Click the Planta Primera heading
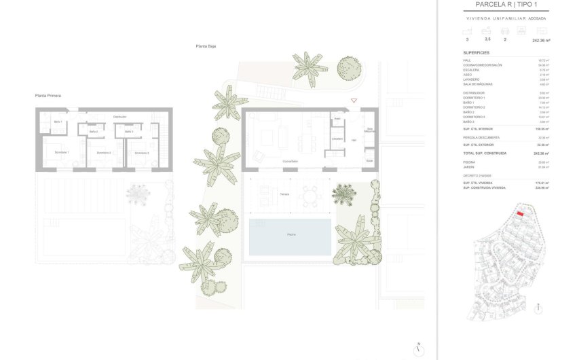click(48, 96)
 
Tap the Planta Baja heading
click(205, 46)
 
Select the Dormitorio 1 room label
click(62, 153)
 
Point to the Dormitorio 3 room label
click(140, 153)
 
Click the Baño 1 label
click(58, 122)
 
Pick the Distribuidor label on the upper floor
click(119, 117)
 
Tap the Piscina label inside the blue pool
click(290, 234)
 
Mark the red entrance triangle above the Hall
click(354, 101)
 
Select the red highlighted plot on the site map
click(520, 213)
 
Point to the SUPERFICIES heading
click(476, 52)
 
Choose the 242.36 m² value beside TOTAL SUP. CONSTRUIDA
click(542, 154)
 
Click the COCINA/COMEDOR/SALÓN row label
click(483, 65)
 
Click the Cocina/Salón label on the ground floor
click(291, 161)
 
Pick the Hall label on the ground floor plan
click(354, 140)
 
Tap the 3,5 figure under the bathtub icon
click(486, 40)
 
